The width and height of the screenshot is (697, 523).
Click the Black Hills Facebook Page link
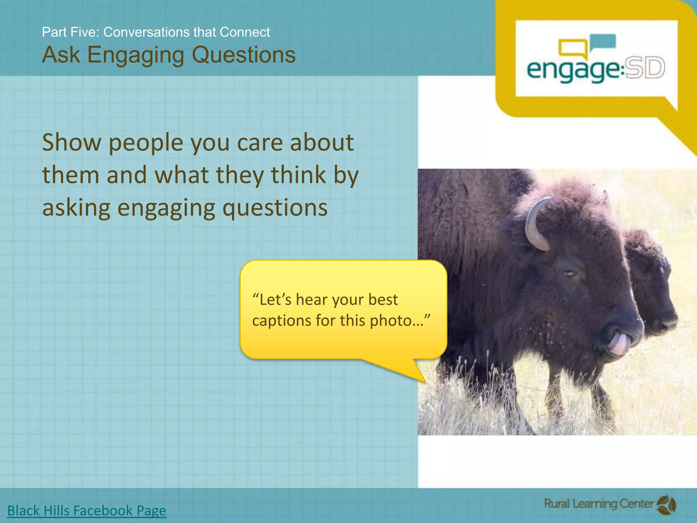coord(87,510)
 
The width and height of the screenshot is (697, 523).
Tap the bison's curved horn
coord(534,225)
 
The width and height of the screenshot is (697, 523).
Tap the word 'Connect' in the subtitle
coord(245,32)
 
